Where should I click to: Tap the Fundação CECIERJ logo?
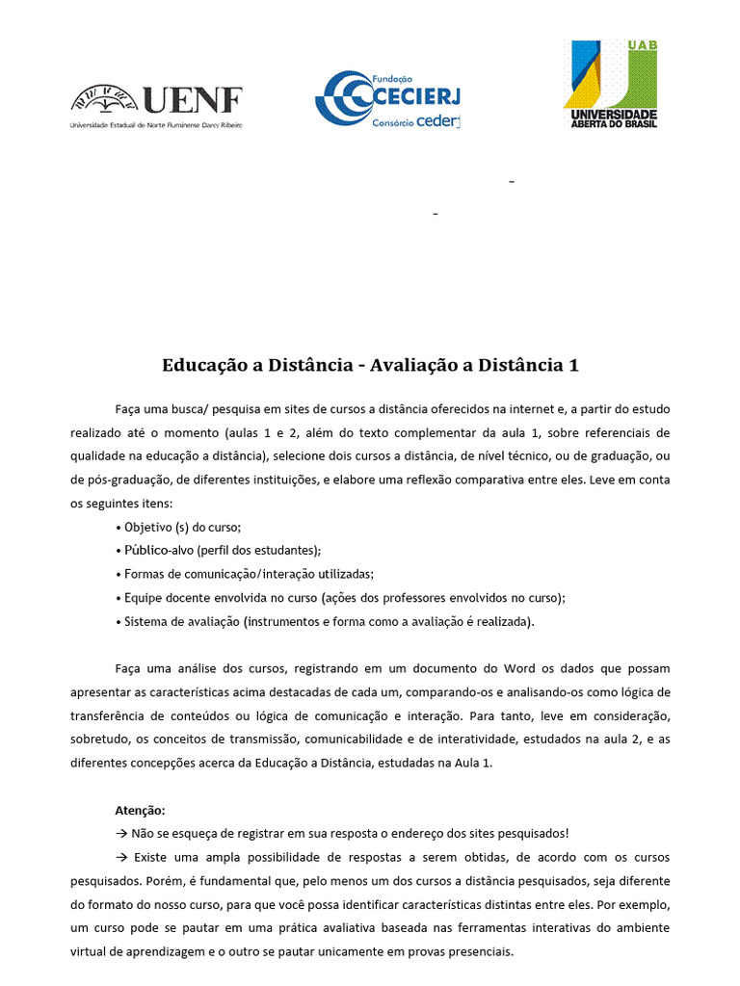387,97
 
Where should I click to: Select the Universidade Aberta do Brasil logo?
610,84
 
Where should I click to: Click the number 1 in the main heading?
574,366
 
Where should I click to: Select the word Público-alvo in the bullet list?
156,551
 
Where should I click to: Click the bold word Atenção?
140,810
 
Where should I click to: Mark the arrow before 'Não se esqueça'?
121,834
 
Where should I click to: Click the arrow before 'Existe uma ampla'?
121,857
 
